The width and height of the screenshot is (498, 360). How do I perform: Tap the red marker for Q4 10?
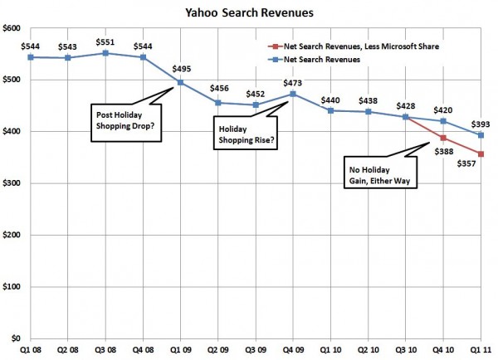click(443, 138)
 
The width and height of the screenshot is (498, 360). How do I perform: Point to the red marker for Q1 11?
click(481, 153)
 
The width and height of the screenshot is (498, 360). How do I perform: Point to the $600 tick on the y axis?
click(13, 29)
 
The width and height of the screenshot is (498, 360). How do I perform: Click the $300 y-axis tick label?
click(13, 183)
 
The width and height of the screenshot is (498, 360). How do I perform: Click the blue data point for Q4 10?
click(443, 121)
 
